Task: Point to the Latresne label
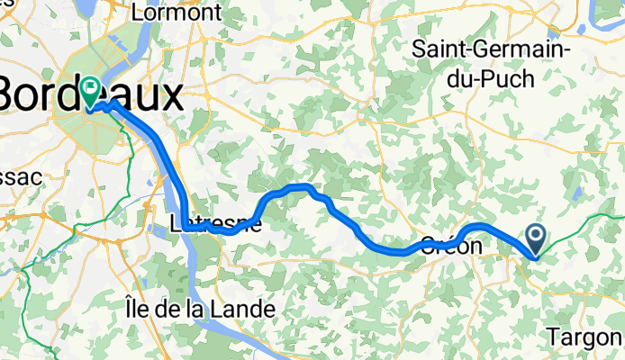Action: click(x=214, y=224)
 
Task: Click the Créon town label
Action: click(x=449, y=245)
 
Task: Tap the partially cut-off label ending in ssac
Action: click(x=20, y=177)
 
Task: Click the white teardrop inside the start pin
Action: click(x=535, y=237)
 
